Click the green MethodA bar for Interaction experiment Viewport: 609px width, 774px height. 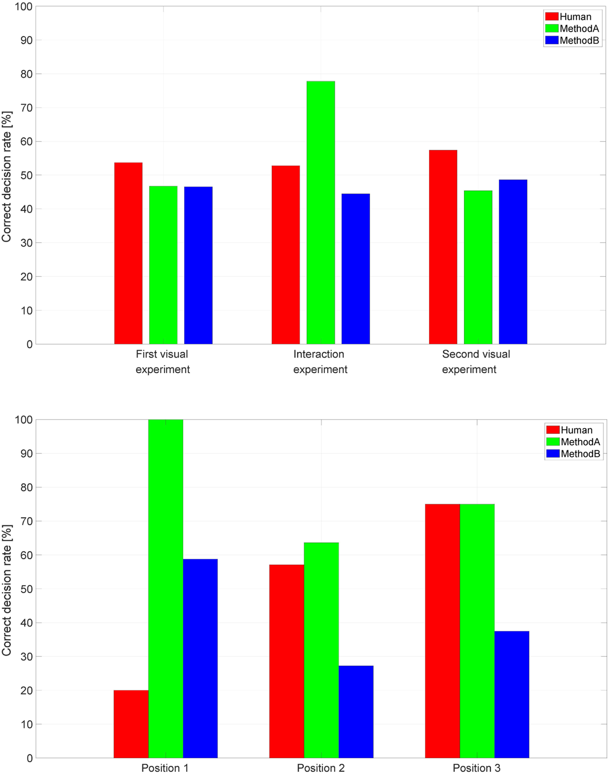point(320,212)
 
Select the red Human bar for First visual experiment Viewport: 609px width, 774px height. point(128,253)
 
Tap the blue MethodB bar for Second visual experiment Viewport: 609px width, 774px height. point(513,262)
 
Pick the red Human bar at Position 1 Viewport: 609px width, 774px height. point(131,724)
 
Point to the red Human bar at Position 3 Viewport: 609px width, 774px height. point(442,631)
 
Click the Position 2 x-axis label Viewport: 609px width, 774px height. point(321,768)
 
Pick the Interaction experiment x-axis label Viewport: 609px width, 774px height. point(320,361)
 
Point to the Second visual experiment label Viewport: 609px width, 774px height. point(475,361)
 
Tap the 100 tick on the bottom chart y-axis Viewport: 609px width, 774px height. point(23,420)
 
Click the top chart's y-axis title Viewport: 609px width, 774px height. point(7,177)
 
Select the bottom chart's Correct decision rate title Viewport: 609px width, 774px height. point(7,590)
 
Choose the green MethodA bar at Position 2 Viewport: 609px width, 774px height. point(321,650)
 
